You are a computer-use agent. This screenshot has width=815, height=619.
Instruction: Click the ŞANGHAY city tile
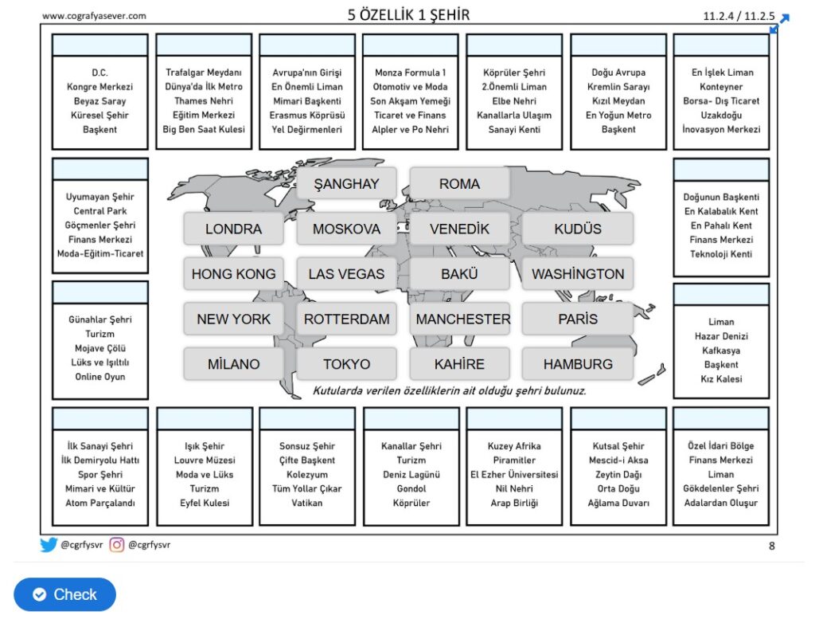tap(346, 183)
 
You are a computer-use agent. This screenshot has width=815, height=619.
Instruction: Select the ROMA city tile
tap(459, 183)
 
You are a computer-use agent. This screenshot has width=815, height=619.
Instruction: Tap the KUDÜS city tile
tap(578, 229)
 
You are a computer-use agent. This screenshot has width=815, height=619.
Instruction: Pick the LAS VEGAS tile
tap(346, 273)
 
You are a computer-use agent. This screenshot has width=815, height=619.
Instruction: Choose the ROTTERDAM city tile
tap(346, 319)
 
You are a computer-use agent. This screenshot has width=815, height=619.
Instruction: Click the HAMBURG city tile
tap(578, 363)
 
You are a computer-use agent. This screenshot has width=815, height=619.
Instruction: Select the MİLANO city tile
tap(233, 363)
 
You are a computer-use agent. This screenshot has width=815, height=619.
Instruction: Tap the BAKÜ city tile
tap(459, 273)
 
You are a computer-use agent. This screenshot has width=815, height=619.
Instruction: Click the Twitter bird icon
tap(49, 545)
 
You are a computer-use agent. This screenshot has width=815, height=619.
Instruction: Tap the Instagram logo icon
tap(117, 545)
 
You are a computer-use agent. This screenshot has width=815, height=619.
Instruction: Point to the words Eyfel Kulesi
tap(205, 503)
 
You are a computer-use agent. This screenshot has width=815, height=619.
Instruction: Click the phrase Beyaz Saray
tap(100, 101)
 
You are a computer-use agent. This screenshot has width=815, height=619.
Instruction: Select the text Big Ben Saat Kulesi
tap(204, 129)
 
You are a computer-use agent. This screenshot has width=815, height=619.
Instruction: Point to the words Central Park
tap(100, 211)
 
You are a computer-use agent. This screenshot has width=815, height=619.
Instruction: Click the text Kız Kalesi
tap(721, 379)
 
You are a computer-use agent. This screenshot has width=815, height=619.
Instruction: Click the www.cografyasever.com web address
tap(94, 16)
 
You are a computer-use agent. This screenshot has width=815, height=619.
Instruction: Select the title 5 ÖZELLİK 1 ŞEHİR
tap(408, 14)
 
